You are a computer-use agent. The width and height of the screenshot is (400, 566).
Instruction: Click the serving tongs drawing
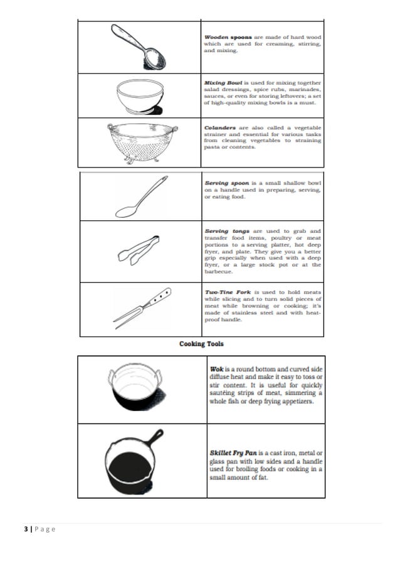tap(139, 250)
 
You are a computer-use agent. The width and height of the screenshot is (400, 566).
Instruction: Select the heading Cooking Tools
tap(201, 344)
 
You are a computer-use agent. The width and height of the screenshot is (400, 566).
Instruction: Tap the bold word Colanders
tap(221, 128)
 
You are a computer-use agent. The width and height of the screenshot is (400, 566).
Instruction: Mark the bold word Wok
tap(217, 370)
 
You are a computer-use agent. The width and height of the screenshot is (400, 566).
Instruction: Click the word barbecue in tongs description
tap(219, 272)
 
